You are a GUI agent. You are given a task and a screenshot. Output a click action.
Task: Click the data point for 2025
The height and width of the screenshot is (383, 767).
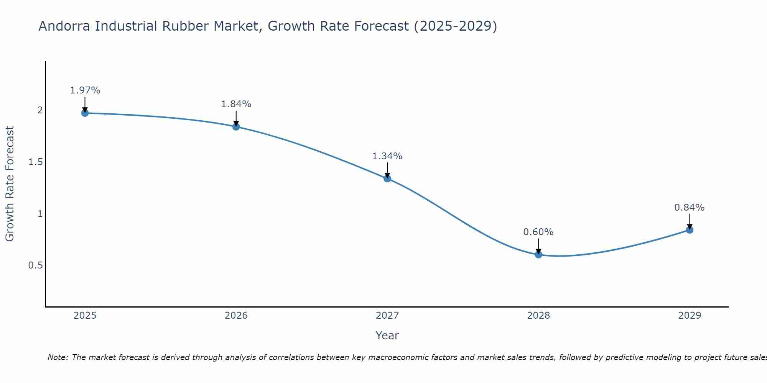tap(85, 113)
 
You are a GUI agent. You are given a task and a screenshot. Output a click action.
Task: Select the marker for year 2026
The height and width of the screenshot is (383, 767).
tap(236, 127)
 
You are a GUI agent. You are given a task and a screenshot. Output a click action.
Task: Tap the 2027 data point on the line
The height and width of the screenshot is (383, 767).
tap(387, 178)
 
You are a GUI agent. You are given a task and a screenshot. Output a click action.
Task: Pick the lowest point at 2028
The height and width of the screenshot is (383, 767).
tap(538, 254)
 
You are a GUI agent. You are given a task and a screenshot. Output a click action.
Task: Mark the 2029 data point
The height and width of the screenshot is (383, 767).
tap(690, 230)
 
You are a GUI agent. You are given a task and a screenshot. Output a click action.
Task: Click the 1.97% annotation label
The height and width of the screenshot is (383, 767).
tap(85, 90)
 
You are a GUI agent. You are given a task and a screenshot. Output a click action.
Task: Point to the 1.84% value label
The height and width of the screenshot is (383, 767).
tap(236, 104)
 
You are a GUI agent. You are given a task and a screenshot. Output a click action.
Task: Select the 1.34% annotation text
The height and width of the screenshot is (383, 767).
tap(387, 156)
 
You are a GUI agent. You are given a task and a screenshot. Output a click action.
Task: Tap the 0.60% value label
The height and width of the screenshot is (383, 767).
tap(538, 232)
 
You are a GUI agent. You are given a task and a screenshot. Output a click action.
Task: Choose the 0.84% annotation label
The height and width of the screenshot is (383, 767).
tap(690, 208)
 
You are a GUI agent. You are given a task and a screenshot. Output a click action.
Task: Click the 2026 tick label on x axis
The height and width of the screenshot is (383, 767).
tap(236, 316)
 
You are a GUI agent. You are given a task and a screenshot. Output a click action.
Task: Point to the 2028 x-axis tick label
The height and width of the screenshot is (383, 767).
tap(538, 316)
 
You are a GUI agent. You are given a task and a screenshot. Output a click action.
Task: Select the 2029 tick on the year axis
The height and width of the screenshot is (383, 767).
tap(690, 316)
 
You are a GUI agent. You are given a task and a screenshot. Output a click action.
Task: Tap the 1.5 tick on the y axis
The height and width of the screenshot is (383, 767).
tap(35, 162)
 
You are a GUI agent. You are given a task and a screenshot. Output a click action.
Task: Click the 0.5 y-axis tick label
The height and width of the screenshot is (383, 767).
tap(35, 265)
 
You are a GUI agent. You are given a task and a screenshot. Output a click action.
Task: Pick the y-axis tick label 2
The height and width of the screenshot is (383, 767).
tap(40, 110)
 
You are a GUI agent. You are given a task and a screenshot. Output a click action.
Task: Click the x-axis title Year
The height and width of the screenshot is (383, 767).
tap(387, 336)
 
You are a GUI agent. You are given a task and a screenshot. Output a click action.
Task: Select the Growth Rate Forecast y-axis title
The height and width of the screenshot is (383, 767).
tap(10, 184)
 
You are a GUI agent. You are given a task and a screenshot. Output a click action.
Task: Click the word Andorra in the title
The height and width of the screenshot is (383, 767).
tap(64, 26)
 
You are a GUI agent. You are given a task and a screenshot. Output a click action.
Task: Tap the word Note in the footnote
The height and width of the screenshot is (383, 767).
tap(58, 357)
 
